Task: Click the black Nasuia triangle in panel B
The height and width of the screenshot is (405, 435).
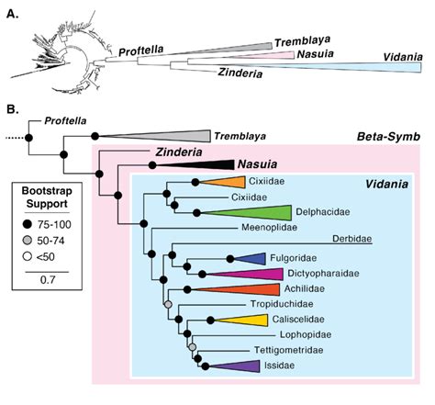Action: click(202, 164)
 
